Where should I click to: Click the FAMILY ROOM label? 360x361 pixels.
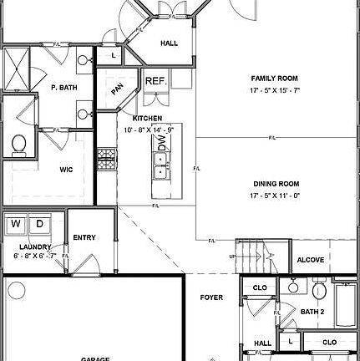coord(275,78)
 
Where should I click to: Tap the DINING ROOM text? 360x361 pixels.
coord(276,184)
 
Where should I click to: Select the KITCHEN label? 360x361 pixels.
coord(147,119)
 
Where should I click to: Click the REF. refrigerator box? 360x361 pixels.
coord(156,81)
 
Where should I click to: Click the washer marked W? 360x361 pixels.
coord(16,225)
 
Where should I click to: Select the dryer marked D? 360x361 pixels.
coord(39,225)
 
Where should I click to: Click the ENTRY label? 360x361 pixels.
coord(84,238)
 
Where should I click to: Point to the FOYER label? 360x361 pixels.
coord(211,297)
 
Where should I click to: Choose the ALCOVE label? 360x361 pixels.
coord(310,260)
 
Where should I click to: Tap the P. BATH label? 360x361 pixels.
coord(64,87)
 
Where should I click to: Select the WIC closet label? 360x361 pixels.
coord(66,169)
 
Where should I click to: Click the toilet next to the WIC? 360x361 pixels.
coord(20,145)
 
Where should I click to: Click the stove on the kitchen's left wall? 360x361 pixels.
coord(105,160)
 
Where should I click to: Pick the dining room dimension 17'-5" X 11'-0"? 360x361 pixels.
coord(276,195)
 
